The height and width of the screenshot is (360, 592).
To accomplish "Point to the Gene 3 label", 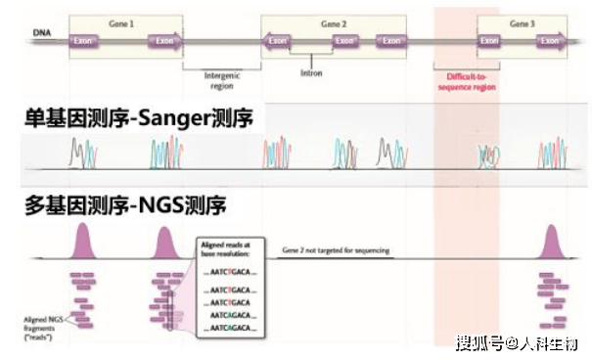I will tap(522, 22).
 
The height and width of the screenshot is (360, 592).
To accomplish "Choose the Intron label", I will tap(310, 71).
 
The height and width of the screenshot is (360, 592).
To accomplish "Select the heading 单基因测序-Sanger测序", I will tap(140, 118).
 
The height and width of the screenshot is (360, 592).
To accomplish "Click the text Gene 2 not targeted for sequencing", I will tap(335, 250).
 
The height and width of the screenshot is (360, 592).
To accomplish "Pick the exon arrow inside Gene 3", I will tap(549, 42).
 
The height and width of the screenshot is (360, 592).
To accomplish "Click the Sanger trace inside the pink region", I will tap(486, 156).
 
